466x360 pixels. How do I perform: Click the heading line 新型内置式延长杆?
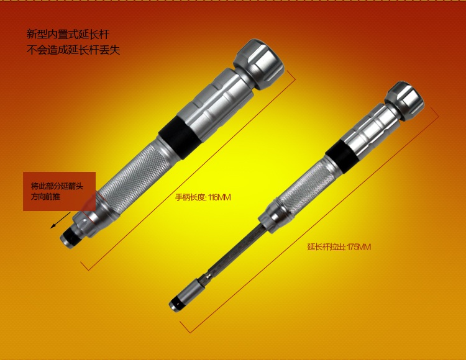point(68,34)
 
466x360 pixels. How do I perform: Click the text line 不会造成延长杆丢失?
point(73,50)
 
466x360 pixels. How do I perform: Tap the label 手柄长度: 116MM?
point(203,197)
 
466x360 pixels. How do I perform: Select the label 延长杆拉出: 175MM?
point(339,247)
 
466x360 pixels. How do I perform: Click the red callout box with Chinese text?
point(59,191)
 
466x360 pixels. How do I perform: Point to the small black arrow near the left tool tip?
point(60,220)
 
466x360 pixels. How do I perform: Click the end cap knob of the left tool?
point(258,63)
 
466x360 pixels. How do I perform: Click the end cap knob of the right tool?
point(404,101)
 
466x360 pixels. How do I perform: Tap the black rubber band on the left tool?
point(181,137)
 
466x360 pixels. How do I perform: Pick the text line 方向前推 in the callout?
point(46,197)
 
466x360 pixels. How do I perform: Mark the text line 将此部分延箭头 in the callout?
point(57,186)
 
